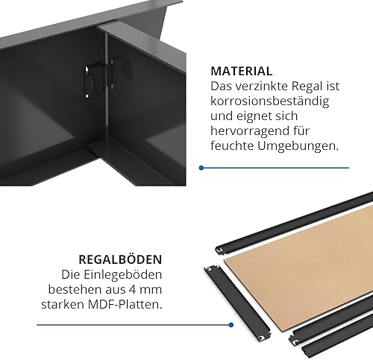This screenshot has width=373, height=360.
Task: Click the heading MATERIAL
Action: tap(242, 72)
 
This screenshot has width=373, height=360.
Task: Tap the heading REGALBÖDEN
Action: tap(120, 259)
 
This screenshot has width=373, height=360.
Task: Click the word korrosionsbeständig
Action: tap(270, 101)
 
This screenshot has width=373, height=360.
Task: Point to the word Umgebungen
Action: tap(298, 146)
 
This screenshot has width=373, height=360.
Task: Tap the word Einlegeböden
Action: tap(122, 275)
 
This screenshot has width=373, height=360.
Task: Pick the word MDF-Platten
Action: tap(125, 304)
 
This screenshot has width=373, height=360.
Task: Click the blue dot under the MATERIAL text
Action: tap(201, 168)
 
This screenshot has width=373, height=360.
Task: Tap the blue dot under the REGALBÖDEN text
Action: tap(231, 325)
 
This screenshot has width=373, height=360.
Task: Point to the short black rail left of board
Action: tap(237, 303)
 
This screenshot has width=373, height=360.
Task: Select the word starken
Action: tap(63, 304)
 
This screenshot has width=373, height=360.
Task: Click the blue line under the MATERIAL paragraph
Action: tap(275, 168)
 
